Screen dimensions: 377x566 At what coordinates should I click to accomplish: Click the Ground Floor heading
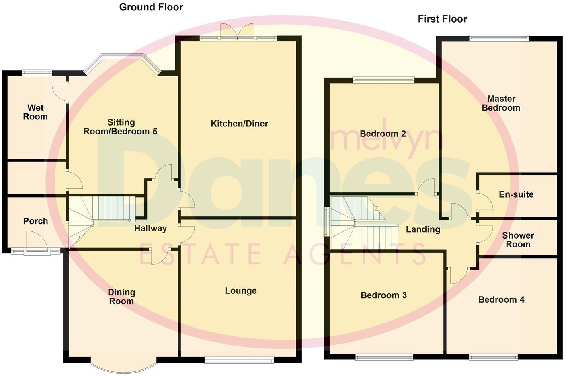click(151, 7)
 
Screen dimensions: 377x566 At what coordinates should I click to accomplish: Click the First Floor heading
click(442, 19)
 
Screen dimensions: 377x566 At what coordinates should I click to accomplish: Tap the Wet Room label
click(35, 112)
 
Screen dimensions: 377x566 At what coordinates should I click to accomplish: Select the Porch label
click(35, 221)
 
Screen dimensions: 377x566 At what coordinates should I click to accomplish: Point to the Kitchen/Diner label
click(239, 124)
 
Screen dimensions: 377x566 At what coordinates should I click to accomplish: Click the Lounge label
click(240, 290)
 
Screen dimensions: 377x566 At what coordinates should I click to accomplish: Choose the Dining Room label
click(121, 297)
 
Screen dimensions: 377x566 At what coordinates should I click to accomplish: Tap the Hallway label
click(150, 229)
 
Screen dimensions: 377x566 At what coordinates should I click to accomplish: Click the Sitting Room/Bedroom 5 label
click(120, 127)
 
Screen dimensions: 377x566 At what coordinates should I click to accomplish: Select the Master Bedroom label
click(501, 103)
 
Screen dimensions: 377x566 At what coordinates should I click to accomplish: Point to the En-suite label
click(516, 194)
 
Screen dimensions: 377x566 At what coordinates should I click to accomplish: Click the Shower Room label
click(518, 240)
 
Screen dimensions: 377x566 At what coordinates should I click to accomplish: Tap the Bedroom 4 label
click(501, 299)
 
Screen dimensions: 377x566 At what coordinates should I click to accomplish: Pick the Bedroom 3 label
click(383, 295)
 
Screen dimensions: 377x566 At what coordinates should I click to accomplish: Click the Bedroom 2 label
click(382, 134)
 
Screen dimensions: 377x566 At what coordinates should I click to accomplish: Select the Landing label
click(423, 229)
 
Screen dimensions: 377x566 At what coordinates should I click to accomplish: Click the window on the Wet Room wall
click(37, 73)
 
